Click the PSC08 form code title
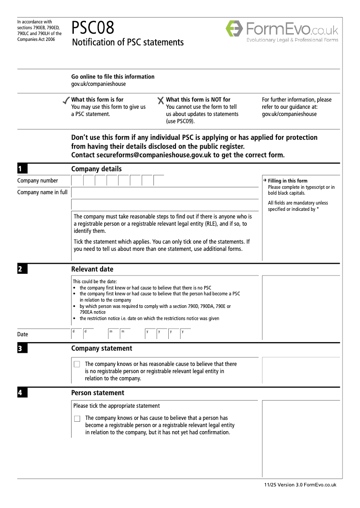click(x=93, y=28)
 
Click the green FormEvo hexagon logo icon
click(x=234, y=29)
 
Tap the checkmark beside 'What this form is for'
click(x=66, y=100)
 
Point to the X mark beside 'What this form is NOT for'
click(x=161, y=101)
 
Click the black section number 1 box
click(x=22, y=169)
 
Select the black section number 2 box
click(x=22, y=269)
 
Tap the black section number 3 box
click(x=22, y=348)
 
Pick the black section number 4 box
click(x=22, y=393)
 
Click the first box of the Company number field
click(x=77, y=181)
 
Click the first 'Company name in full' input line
click(x=165, y=193)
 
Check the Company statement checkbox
click(x=77, y=364)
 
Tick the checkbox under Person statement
click(x=77, y=419)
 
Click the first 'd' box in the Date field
click(x=76, y=334)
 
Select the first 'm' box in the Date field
click(x=113, y=334)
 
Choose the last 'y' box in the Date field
click(x=185, y=334)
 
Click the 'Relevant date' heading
click(x=92, y=269)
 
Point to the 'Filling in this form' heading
click(x=288, y=181)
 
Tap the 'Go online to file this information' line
click(x=112, y=77)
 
